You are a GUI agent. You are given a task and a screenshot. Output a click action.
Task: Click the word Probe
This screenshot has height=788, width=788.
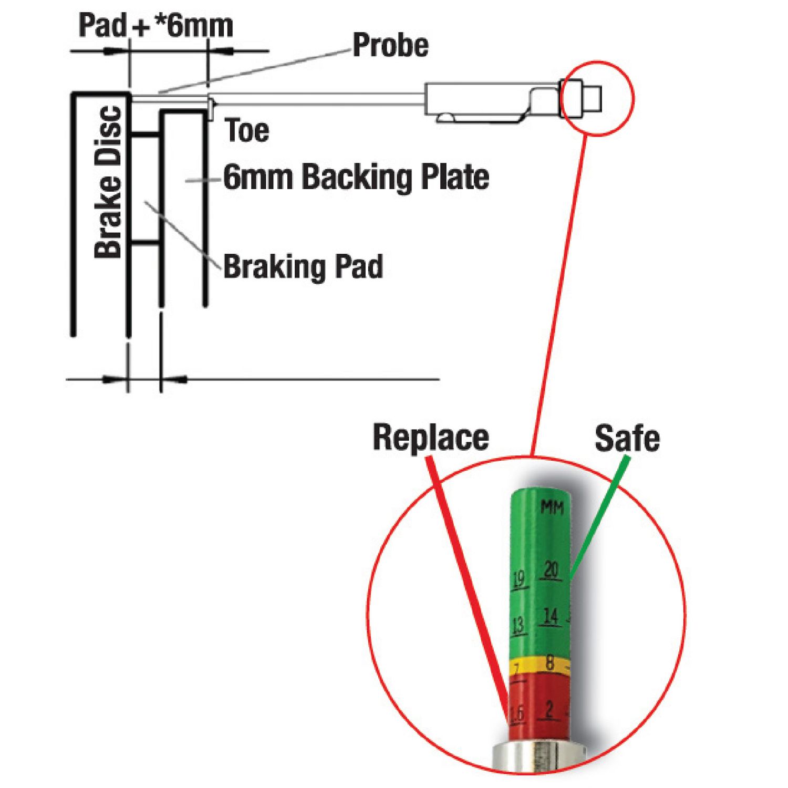pos(390,46)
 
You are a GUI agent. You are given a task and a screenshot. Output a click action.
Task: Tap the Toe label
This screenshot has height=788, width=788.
pos(247,131)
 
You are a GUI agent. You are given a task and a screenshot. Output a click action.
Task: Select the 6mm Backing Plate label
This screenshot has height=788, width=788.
pos(356,177)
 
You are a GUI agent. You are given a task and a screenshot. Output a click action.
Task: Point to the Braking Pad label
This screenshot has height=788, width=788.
pos(303,267)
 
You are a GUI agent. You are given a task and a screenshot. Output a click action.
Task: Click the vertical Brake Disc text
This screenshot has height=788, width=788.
pos(109,182)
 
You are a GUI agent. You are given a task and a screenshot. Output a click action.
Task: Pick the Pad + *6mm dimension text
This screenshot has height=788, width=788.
pos(155,26)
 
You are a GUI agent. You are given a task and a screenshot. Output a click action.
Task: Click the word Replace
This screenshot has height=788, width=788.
pos(431,438)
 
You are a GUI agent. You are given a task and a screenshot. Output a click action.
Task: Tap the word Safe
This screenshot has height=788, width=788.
pos(627,439)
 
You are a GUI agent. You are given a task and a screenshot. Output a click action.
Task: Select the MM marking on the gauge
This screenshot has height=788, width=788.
pos(552,507)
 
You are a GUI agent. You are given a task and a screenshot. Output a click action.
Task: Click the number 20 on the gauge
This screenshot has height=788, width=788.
pos(551,570)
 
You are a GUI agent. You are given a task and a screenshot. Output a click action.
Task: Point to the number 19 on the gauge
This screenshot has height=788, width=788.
pos(519,579)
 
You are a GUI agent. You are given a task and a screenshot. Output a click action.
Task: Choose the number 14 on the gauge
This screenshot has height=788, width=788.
pos(551,616)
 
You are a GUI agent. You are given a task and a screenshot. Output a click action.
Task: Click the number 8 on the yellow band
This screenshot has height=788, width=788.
pos(549,663)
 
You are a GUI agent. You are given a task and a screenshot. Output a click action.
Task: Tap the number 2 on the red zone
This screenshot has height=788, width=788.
pos(549,710)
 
